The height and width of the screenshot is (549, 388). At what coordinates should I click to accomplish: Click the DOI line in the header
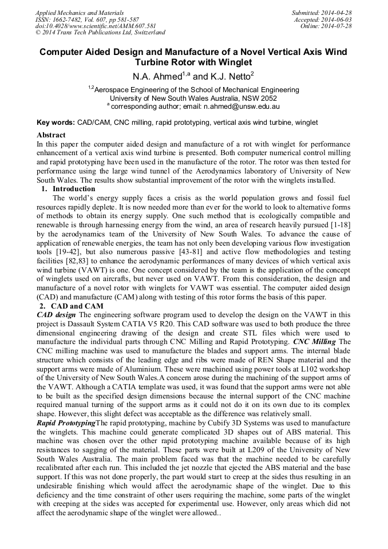point(96,26)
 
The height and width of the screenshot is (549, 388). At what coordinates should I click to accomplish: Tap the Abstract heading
point(51,135)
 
